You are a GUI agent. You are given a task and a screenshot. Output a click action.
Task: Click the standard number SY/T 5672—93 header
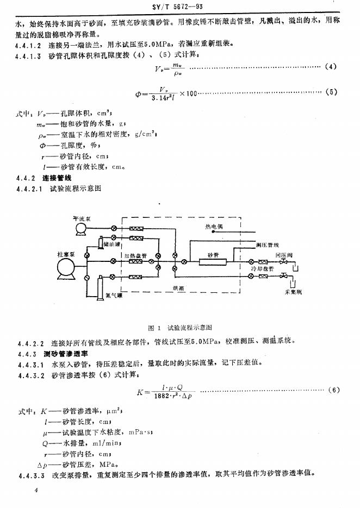tap(179, 7)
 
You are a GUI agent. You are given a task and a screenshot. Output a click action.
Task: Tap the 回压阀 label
tap(284, 254)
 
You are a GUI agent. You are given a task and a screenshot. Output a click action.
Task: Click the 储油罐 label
tap(111, 244)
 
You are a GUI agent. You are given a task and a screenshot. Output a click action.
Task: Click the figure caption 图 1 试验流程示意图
tap(179, 328)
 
